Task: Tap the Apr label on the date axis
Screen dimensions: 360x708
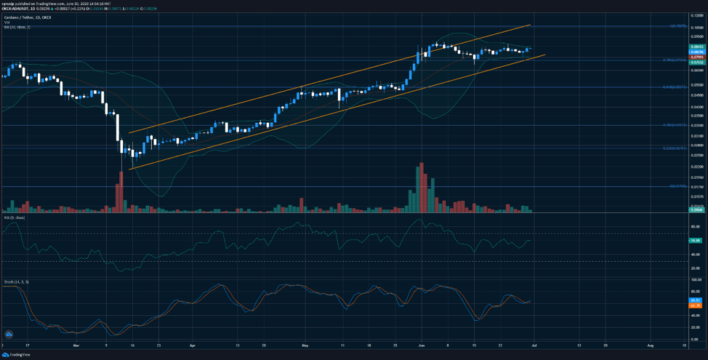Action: point(192,345)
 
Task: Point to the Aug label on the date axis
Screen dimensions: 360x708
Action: point(651,345)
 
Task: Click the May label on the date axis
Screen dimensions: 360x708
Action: point(305,345)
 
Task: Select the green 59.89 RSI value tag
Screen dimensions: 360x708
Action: point(696,239)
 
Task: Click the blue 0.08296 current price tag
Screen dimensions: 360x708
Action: point(696,51)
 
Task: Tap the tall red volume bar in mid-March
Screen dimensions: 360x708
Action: point(120,192)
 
